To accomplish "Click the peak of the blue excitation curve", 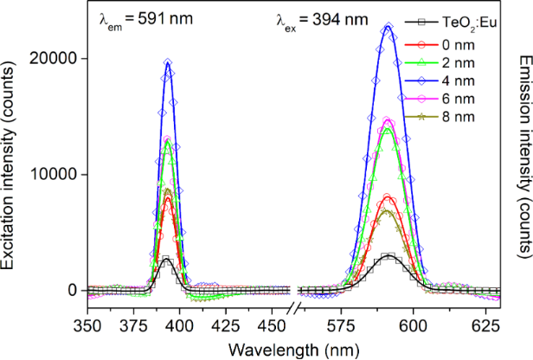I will [x=168, y=62].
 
